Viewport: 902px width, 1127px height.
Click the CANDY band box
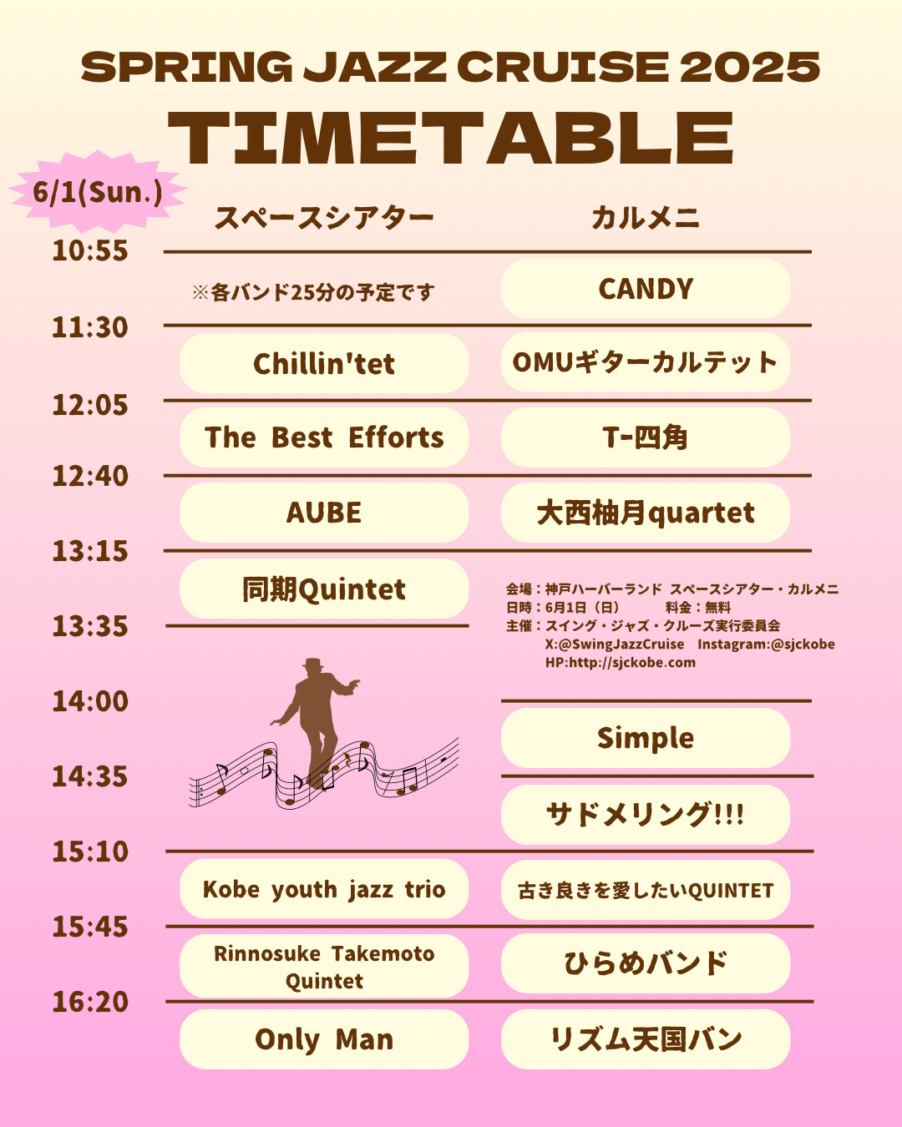coord(646,289)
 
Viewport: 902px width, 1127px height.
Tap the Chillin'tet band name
coord(324,364)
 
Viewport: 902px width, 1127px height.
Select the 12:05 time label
coord(90,405)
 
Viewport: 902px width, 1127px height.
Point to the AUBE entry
coord(324,513)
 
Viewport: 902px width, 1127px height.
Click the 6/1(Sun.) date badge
coord(98,192)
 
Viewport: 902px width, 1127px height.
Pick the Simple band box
coord(646,738)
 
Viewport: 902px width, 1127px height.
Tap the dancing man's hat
coord(313,663)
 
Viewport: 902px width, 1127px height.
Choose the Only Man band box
coord(324,1039)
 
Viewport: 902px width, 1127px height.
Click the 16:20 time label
coord(90,1001)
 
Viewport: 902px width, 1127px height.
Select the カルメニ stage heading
coord(646,218)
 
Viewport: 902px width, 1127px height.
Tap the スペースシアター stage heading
coord(324,218)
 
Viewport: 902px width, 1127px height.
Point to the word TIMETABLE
coord(451,139)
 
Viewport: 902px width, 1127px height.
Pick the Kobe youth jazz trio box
coord(324,889)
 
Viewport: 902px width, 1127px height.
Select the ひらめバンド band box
coord(646,963)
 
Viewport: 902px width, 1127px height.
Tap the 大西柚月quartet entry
coord(646,513)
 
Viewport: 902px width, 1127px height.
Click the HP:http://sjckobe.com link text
coord(621,663)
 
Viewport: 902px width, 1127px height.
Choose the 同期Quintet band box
coord(324,589)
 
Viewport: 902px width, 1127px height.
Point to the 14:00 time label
coord(90,700)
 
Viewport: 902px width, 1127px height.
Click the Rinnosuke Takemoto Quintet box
coord(324,966)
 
